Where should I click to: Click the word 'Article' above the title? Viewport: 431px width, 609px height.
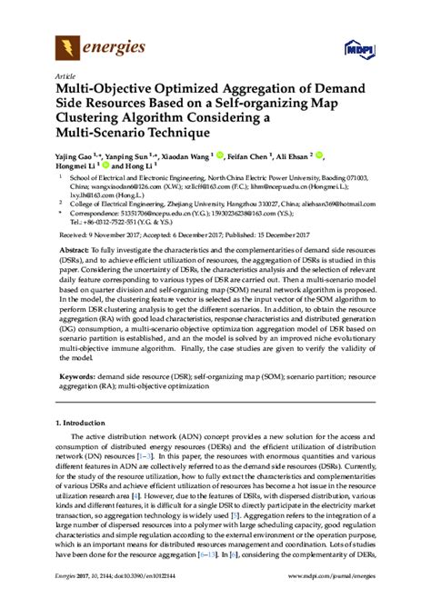(65, 76)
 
